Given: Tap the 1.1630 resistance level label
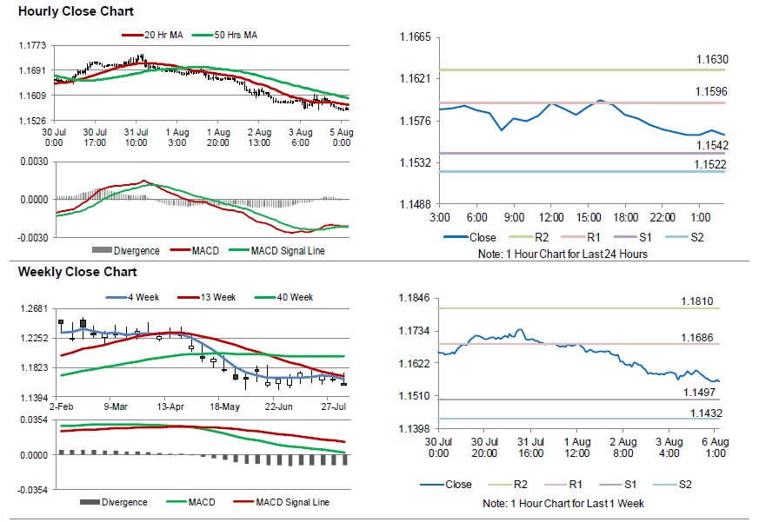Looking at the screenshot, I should point(712,60).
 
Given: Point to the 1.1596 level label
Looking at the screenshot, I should point(712,91).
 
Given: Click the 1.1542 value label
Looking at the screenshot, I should point(712,144).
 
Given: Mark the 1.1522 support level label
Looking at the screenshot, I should point(712,164).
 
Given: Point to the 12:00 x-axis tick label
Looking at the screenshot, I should point(551,217).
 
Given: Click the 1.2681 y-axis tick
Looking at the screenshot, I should point(33,308).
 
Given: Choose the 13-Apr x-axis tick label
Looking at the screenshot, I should point(169,406).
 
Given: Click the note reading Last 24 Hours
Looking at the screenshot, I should point(563,254).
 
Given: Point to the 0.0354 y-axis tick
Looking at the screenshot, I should point(33,420).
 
